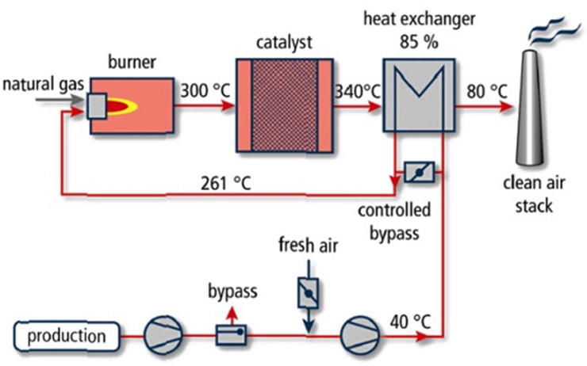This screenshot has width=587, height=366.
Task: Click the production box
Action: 67,336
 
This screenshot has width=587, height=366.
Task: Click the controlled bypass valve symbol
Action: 416,173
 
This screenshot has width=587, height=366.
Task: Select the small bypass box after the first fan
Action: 231,336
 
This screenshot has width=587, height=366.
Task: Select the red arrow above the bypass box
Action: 231,315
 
